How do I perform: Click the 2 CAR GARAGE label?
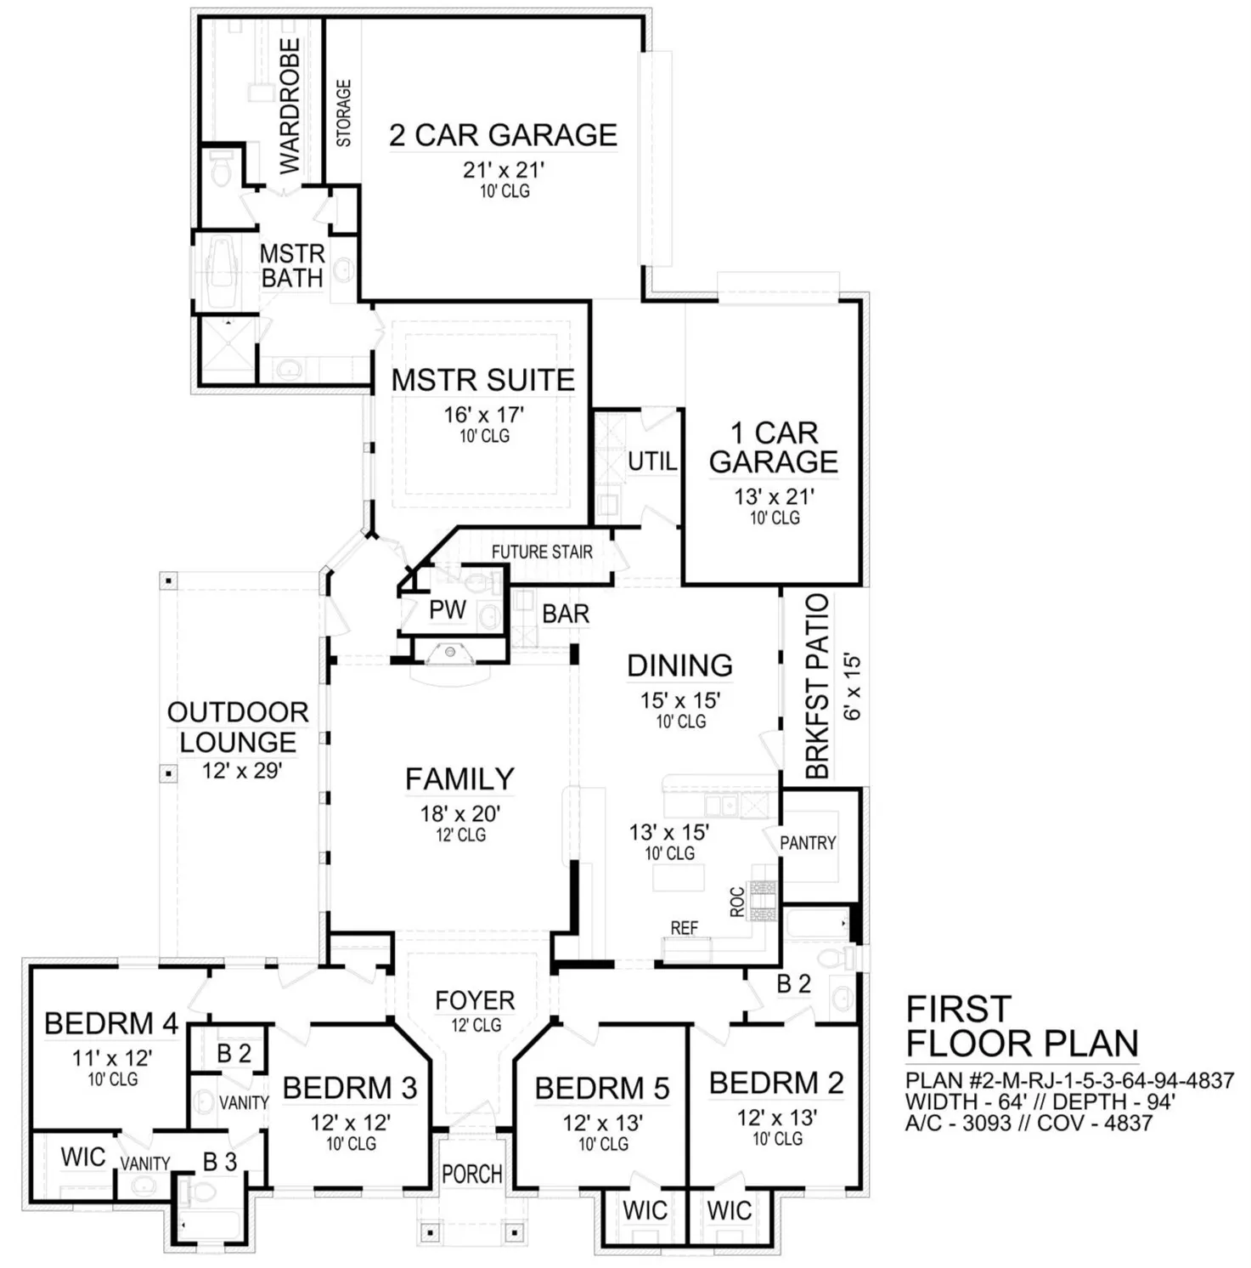(x=503, y=134)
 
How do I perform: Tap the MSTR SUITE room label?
(x=483, y=380)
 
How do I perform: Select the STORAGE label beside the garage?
(x=344, y=113)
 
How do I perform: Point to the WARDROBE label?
(x=290, y=105)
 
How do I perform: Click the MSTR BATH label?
(x=292, y=266)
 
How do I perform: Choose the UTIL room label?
(x=652, y=461)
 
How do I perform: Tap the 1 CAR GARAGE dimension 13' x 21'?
(x=775, y=496)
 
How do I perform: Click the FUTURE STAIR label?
(x=542, y=552)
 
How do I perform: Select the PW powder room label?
(x=448, y=609)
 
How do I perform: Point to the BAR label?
(x=566, y=614)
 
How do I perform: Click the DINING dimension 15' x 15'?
(x=680, y=700)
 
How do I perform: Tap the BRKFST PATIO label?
(x=817, y=686)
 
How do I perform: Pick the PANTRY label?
(x=808, y=843)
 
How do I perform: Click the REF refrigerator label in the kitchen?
(x=685, y=928)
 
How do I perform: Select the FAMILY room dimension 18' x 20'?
(x=460, y=813)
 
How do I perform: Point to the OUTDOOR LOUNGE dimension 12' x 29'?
(x=242, y=771)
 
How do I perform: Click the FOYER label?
(x=475, y=1000)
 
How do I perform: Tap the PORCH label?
(x=472, y=1174)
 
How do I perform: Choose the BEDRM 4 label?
(x=111, y=1023)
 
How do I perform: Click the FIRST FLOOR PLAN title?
(x=1023, y=1026)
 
